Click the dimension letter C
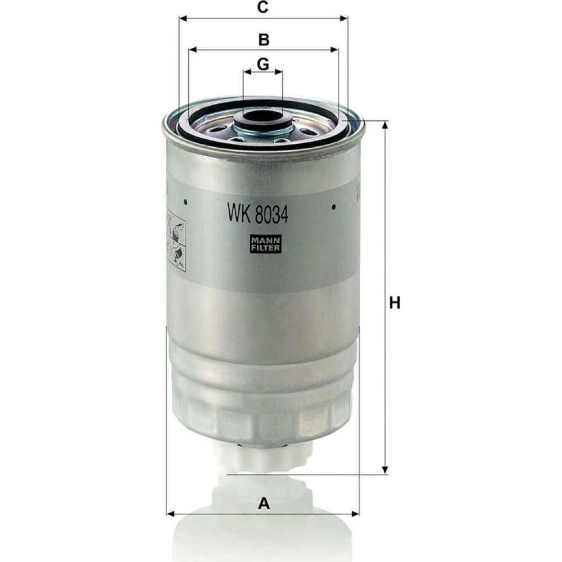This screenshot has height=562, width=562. coord(263,7)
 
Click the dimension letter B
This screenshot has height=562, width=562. coord(264,40)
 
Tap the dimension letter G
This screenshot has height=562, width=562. coord(263,65)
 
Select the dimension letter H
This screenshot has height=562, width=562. coord(395,303)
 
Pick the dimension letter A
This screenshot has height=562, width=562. coord(264,503)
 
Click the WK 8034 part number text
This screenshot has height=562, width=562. coord(258,214)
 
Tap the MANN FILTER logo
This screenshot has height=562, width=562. coord(266,244)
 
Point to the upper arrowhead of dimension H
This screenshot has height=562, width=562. coord(385,124)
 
